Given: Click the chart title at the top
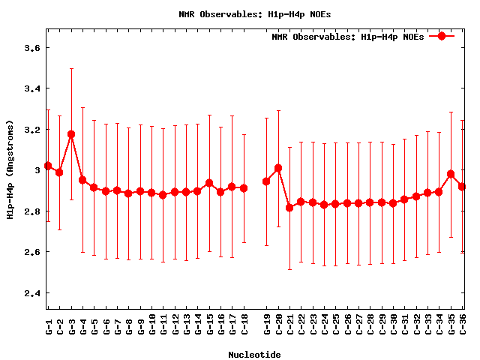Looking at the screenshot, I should coord(244,13).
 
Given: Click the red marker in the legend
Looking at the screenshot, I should coord(442,36).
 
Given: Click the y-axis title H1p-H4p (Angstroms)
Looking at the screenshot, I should coord(10,170).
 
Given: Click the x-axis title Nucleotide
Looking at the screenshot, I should coord(255,355).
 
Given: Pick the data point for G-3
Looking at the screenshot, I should coord(71,134).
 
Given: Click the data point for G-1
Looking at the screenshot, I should coord(48,166).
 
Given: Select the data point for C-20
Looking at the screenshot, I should coord(278,168).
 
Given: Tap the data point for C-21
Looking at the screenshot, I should coord(289,207).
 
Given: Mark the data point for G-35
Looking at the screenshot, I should coord(451,174).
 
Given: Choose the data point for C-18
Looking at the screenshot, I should coord(244,188).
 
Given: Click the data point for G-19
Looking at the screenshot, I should coord(266,181).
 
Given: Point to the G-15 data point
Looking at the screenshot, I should coord(209,183).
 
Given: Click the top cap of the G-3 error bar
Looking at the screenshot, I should coord(71,68).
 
